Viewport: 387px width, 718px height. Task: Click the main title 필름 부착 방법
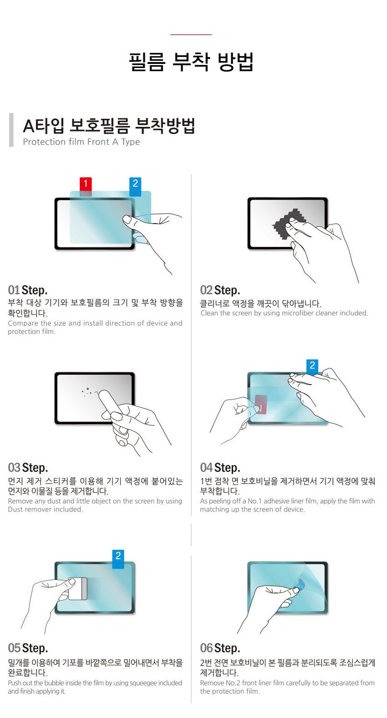(191, 62)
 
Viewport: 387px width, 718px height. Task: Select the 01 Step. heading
(28, 290)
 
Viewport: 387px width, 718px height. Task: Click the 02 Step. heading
(220, 290)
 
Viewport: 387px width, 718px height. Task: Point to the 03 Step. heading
(28, 467)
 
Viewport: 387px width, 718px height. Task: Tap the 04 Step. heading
(220, 467)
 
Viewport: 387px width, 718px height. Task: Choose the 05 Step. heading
(28, 648)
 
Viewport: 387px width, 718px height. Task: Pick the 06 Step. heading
(220, 648)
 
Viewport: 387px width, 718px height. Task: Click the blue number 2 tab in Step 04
(312, 366)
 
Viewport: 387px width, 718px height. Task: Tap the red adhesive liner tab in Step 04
(261, 404)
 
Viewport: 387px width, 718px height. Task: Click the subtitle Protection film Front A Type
(81, 142)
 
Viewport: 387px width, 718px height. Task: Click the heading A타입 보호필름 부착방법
(109, 126)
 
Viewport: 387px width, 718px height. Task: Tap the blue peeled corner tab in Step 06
(299, 585)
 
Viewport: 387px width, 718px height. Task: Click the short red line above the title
(191, 35)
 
